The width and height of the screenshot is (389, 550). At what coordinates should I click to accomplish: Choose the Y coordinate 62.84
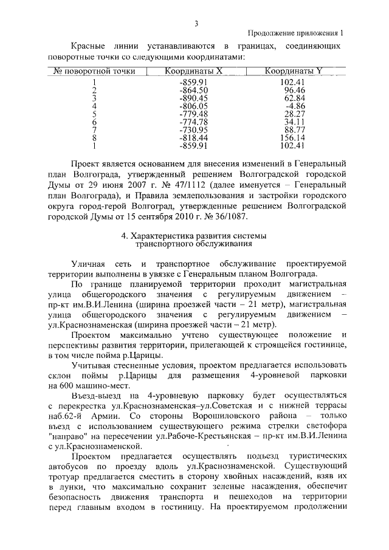(x=294, y=98)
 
